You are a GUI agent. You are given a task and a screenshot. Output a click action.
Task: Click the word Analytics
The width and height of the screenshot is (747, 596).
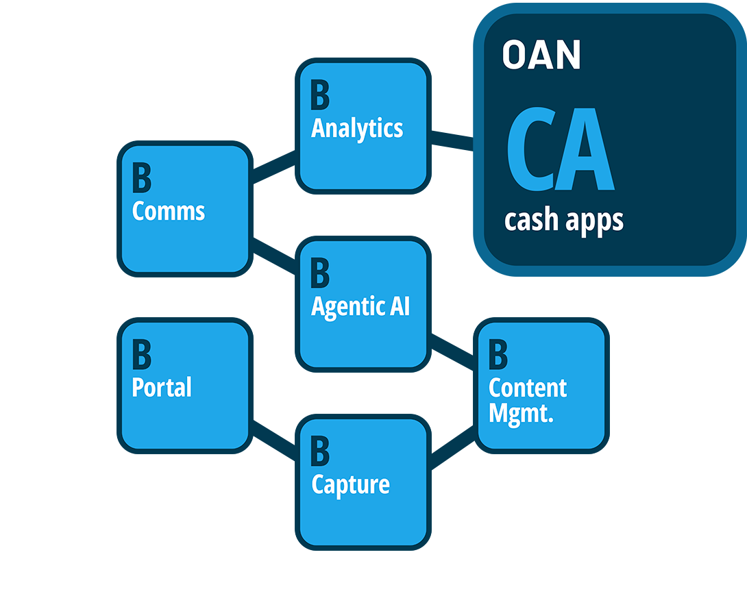pos(357,129)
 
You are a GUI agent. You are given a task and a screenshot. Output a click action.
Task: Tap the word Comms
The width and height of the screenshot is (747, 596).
pos(168,211)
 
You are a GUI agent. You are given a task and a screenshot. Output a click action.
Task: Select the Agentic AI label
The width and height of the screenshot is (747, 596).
pos(360,306)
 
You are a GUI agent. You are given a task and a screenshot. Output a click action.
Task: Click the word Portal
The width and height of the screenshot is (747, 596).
pos(161,388)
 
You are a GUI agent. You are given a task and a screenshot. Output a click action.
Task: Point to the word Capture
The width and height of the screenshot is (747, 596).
pos(350,484)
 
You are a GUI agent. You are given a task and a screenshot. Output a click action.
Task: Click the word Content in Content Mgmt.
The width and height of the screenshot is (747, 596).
pos(528,388)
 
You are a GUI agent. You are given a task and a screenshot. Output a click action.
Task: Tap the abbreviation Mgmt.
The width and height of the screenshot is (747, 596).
pos(520,414)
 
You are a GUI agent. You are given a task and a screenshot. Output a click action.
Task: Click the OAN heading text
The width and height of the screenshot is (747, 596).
pos(541,55)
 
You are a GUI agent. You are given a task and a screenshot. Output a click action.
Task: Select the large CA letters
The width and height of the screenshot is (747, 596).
pos(559,149)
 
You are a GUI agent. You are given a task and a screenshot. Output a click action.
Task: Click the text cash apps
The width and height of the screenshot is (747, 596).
pos(563,221)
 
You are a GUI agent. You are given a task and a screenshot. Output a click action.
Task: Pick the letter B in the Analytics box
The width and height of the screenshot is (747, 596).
pos(319,96)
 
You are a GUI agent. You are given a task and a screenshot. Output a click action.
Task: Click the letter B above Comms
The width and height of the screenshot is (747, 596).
pos(141,178)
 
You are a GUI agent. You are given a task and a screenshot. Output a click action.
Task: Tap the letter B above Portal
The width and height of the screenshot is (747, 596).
pos(141,355)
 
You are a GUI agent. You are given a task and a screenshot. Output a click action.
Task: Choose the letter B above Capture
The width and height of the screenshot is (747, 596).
pos(319,451)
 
